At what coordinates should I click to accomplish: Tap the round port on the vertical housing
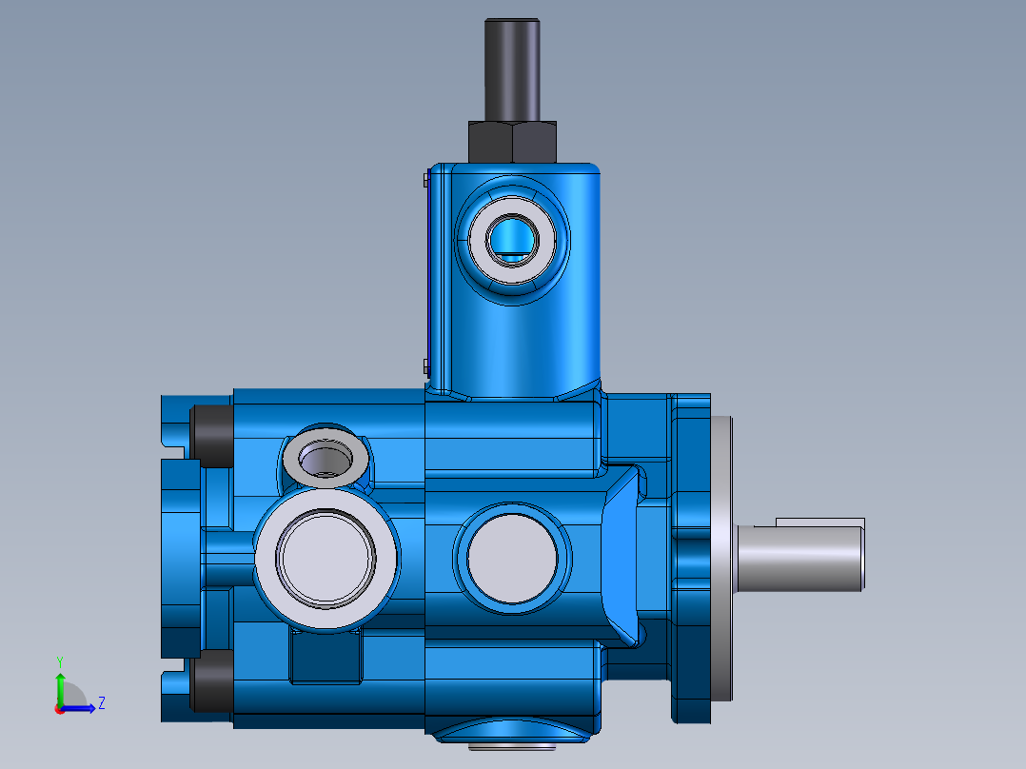(514, 238)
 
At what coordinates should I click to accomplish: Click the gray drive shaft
(799, 559)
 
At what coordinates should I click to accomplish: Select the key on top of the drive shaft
(819, 523)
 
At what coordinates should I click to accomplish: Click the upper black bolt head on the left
(210, 435)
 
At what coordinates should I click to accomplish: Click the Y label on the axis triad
(59, 660)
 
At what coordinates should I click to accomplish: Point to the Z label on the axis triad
(101, 703)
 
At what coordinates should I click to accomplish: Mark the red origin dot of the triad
(59, 709)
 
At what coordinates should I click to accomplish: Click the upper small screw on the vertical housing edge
(424, 178)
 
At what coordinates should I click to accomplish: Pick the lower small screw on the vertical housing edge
(424, 364)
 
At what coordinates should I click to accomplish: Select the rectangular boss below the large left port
(326, 657)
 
